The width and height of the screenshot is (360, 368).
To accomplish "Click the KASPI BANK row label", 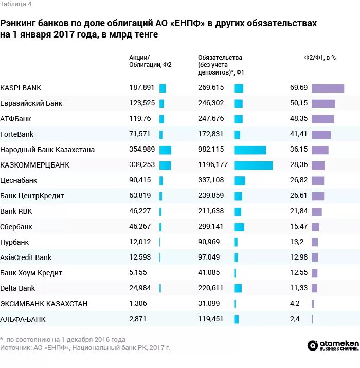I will click(21, 88).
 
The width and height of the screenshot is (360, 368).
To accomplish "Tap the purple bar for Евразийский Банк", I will click(323, 103).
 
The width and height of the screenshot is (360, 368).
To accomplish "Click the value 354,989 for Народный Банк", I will click(141, 150).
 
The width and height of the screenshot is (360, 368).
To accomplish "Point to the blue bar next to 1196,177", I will click(253, 165).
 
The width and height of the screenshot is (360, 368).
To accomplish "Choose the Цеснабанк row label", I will click(19, 180).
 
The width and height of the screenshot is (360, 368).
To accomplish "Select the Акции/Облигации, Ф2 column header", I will click(150, 61).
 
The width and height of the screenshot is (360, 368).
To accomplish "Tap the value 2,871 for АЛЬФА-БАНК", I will click(137, 319).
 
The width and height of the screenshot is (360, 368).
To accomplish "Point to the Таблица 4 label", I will click(15, 4).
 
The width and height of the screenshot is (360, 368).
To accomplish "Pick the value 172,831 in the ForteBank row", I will click(211, 134).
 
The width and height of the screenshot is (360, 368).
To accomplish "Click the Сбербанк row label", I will click(16, 227).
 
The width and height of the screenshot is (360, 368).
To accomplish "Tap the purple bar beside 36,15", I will click(320, 150).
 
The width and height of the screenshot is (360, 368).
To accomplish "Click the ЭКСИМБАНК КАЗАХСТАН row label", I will click(44, 304).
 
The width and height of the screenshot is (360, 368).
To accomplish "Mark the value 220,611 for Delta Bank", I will click(211, 288).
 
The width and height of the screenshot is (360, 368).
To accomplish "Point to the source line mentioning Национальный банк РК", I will click(85, 348).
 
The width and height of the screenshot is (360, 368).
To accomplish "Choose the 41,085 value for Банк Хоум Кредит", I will click(209, 273).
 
